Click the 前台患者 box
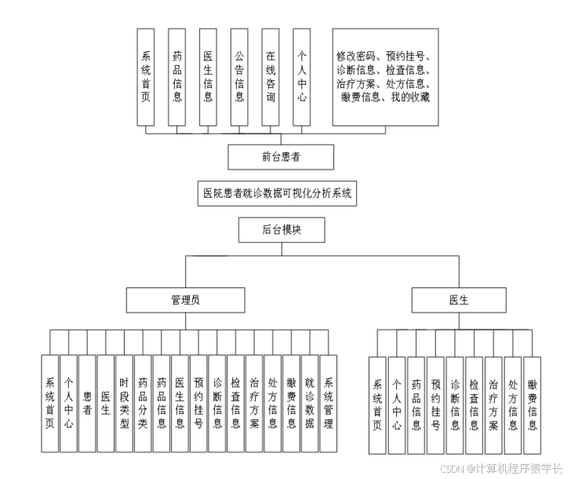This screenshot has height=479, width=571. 281,157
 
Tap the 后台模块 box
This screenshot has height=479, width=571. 281,230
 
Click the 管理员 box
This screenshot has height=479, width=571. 186,299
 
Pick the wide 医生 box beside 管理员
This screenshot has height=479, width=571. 459,299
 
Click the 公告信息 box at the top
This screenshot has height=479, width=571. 239,77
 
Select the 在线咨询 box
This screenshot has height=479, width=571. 271,77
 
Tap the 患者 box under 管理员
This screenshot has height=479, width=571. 87,403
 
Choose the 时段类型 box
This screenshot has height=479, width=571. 124,403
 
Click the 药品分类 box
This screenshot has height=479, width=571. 143,403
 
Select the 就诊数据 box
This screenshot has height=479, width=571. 310,403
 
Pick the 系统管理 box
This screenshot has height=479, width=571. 329,403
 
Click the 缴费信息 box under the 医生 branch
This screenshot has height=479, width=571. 533,405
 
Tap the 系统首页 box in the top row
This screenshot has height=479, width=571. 145,77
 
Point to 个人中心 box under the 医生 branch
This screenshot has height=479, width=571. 397,405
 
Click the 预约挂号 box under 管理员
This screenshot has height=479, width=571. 198,403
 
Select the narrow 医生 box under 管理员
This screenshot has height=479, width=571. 106,403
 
